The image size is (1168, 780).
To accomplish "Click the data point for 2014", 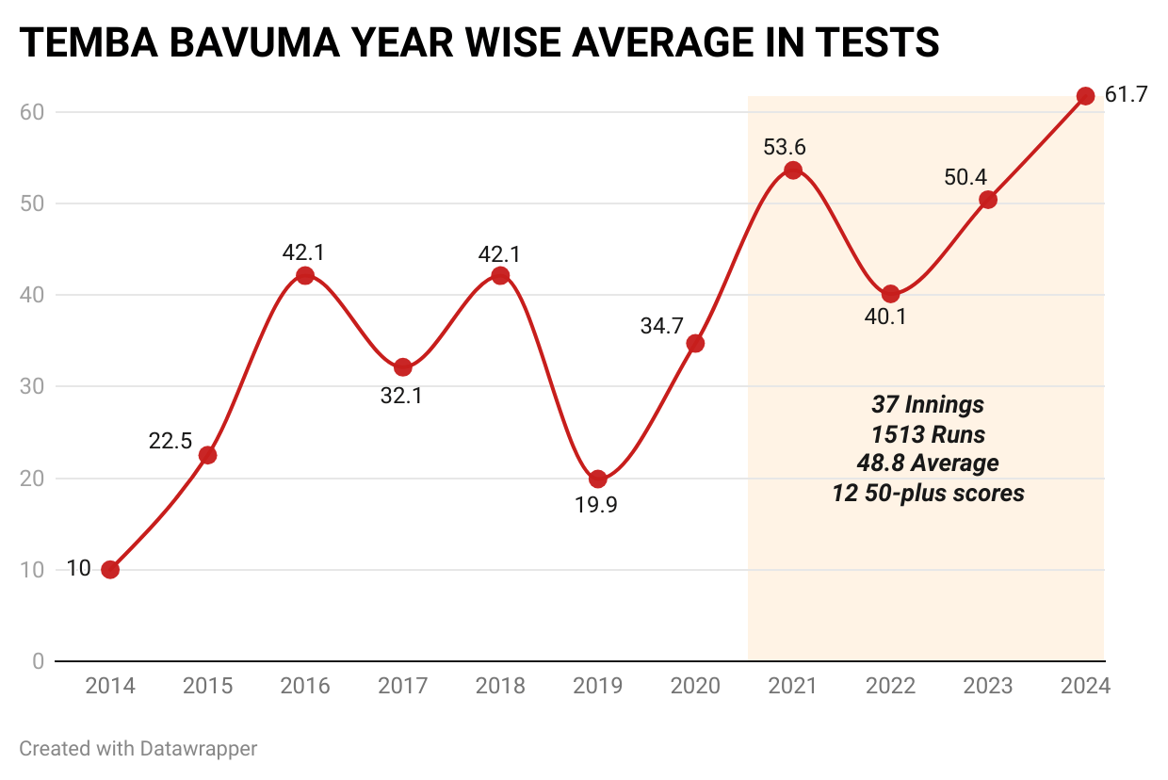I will coord(110,569).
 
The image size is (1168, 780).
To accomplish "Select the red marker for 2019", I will coord(598,479).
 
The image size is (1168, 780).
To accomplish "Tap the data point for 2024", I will coord(1085,96).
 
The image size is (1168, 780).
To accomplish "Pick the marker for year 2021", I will coord(793,171).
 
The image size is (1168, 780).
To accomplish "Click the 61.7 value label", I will coord(1126,95).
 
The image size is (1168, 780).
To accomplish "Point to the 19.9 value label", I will coord(597,506).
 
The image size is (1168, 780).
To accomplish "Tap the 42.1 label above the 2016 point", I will coord(303,252).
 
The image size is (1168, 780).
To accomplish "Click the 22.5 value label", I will coord(170,440).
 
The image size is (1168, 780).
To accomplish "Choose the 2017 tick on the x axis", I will coord(402,686).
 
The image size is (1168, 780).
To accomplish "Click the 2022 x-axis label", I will coord(890,686).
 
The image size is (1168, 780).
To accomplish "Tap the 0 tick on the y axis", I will coord(38,661).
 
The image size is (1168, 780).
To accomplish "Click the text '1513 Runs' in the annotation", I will coord(928,434).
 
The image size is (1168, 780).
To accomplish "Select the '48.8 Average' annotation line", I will coord(928,463).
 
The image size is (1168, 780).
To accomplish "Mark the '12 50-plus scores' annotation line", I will coord(928,493).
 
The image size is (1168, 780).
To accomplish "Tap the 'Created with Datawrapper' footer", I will coord(138,749).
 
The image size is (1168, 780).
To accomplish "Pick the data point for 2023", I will coord(987,200).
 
